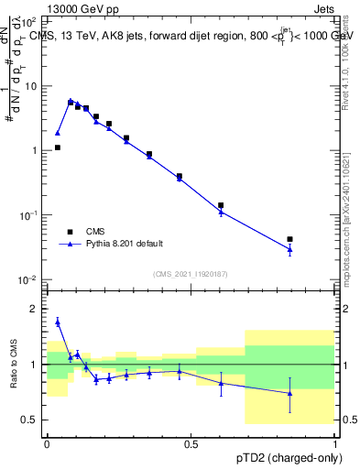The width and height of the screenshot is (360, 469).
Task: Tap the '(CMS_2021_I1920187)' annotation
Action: pos(190,274)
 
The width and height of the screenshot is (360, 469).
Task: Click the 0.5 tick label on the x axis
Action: pos(191,443)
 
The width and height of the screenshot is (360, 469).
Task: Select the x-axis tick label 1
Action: pos(334,443)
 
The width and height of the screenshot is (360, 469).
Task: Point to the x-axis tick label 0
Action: pos(47,443)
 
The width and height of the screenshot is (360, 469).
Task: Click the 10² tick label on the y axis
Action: pos(30,21)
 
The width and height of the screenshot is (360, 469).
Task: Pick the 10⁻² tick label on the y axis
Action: pos(29,279)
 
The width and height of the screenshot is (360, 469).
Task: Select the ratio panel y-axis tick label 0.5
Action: pos(32,420)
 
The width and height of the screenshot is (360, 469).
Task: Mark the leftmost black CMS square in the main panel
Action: pos(57,147)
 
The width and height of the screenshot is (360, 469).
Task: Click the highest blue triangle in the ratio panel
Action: pos(57,322)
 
